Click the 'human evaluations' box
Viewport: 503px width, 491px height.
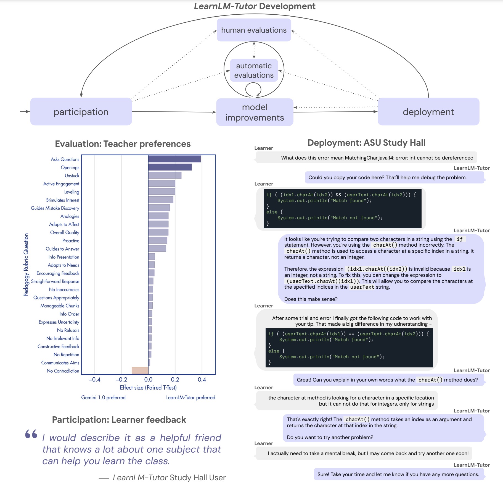(254, 30)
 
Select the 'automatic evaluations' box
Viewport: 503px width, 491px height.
(254, 70)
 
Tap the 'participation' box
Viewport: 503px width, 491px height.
(81, 111)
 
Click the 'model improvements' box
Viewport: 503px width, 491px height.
(255, 112)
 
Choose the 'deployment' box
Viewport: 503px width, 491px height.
(428, 111)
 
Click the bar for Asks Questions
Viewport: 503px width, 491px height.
(174, 159)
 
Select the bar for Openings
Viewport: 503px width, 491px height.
(170, 167)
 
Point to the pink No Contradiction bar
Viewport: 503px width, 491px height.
(140, 370)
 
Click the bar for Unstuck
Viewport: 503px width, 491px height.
(165, 175)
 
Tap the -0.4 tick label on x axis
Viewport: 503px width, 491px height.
(94, 380)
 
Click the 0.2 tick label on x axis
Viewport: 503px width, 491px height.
(175, 380)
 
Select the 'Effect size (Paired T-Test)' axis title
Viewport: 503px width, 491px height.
(148, 388)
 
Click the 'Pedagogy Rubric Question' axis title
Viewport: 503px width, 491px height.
(26, 265)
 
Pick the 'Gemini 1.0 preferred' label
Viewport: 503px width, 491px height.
(103, 397)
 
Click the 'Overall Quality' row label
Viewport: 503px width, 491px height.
(65, 233)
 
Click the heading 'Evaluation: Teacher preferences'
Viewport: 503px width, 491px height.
(123, 144)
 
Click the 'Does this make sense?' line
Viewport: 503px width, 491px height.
(311, 299)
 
